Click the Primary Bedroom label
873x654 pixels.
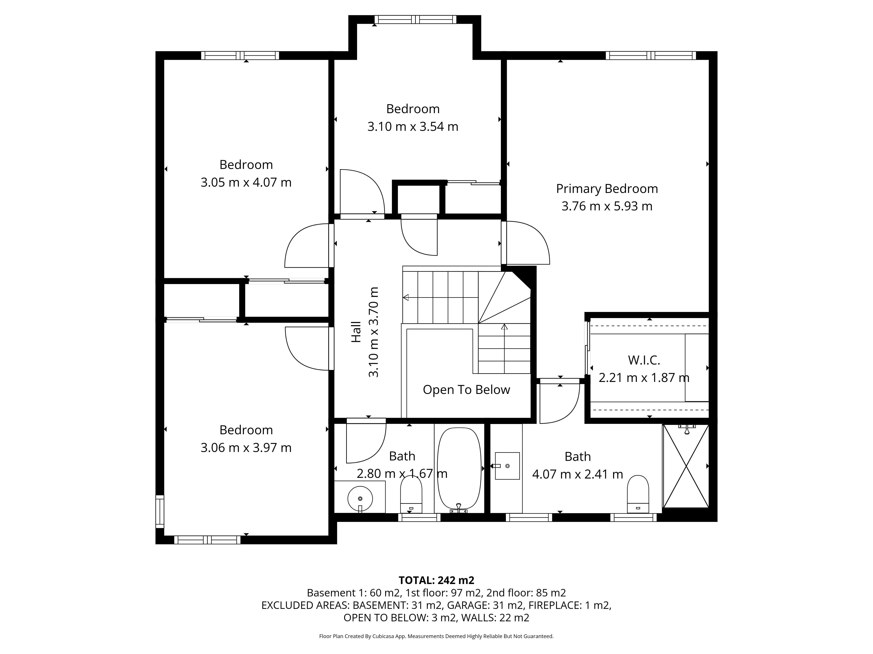coord(607,189)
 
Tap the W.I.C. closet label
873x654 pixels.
coord(644,360)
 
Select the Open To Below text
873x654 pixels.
coord(466,390)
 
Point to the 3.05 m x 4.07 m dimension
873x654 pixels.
coord(246,182)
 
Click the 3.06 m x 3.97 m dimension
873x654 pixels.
coord(246,448)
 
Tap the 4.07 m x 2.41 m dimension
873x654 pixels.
coord(577,474)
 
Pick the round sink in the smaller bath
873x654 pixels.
coord(360,499)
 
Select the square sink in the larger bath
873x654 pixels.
coord(507,466)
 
